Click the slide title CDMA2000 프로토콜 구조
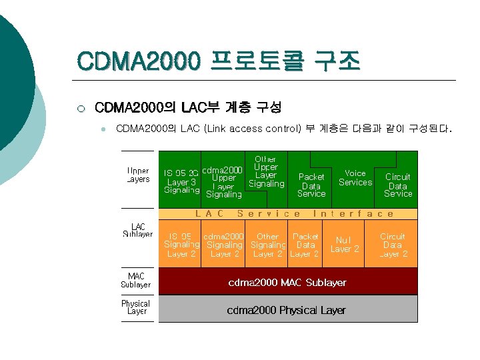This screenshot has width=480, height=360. (219, 63)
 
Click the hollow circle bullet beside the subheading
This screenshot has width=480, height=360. (80, 107)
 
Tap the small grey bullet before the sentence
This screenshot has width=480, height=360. (103, 129)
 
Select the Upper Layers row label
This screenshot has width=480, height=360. (137, 175)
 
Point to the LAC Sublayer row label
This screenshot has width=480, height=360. (137, 231)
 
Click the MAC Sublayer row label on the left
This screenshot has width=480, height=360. (136, 281)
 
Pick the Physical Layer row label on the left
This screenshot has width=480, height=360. (136, 307)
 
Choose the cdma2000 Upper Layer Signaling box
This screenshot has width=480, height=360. (223, 182)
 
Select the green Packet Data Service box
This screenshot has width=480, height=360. (311, 185)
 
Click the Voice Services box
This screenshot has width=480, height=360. (355, 177)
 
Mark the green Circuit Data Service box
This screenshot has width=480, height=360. (398, 185)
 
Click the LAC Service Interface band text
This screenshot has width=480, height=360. (294, 214)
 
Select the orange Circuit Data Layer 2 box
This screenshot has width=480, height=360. (393, 245)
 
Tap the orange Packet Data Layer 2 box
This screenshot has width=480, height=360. (305, 245)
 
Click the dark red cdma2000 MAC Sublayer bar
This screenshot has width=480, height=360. (287, 283)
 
